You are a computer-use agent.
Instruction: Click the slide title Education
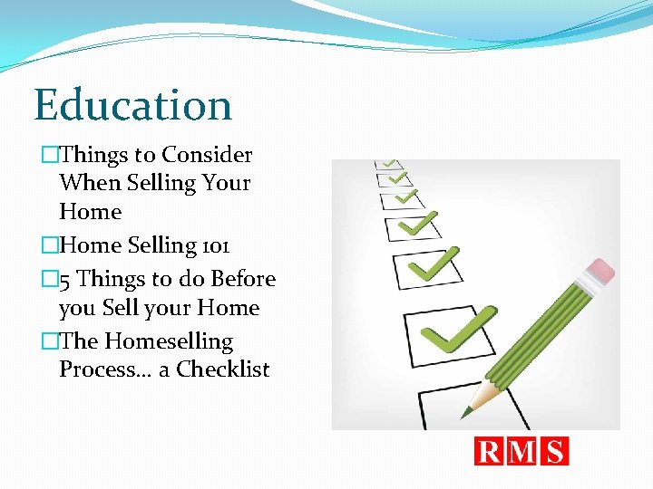point(133,105)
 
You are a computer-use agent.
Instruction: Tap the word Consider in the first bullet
point(207,155)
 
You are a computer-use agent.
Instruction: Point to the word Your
point(227,183)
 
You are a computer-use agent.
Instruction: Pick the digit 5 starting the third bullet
point(65,280)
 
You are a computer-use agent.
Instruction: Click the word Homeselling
point(169,341)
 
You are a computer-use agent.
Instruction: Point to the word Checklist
point(223,369)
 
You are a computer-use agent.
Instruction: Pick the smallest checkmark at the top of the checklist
point(390,164)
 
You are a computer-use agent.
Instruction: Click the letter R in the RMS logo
point(491,451)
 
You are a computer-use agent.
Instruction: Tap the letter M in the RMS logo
point(522,451)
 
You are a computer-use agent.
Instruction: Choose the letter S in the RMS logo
point(554,451)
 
